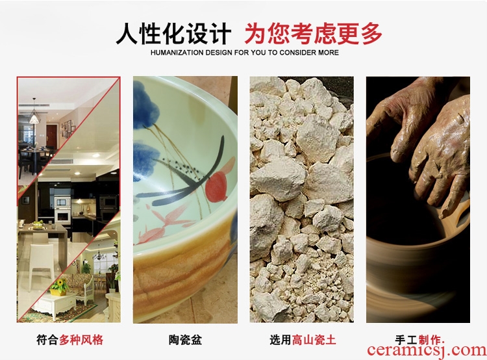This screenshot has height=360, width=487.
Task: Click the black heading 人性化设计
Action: (x=173, y=34)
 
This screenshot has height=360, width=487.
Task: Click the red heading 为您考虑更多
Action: (x=314, y=34)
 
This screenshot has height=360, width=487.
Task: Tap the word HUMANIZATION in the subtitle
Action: (x=177, y=53)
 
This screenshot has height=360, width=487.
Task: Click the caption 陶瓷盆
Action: (x=186, y=339)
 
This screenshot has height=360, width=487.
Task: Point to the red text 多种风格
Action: (x=81, y=339)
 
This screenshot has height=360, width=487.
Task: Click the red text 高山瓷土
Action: (x=314, y=339)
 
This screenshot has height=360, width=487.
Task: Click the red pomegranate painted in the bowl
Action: (x=216, y=186)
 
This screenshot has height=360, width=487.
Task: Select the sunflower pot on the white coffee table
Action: (x=59, y=287)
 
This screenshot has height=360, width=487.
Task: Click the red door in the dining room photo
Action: (x=51, y=136)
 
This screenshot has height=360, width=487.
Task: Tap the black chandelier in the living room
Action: (x=99, y=255)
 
